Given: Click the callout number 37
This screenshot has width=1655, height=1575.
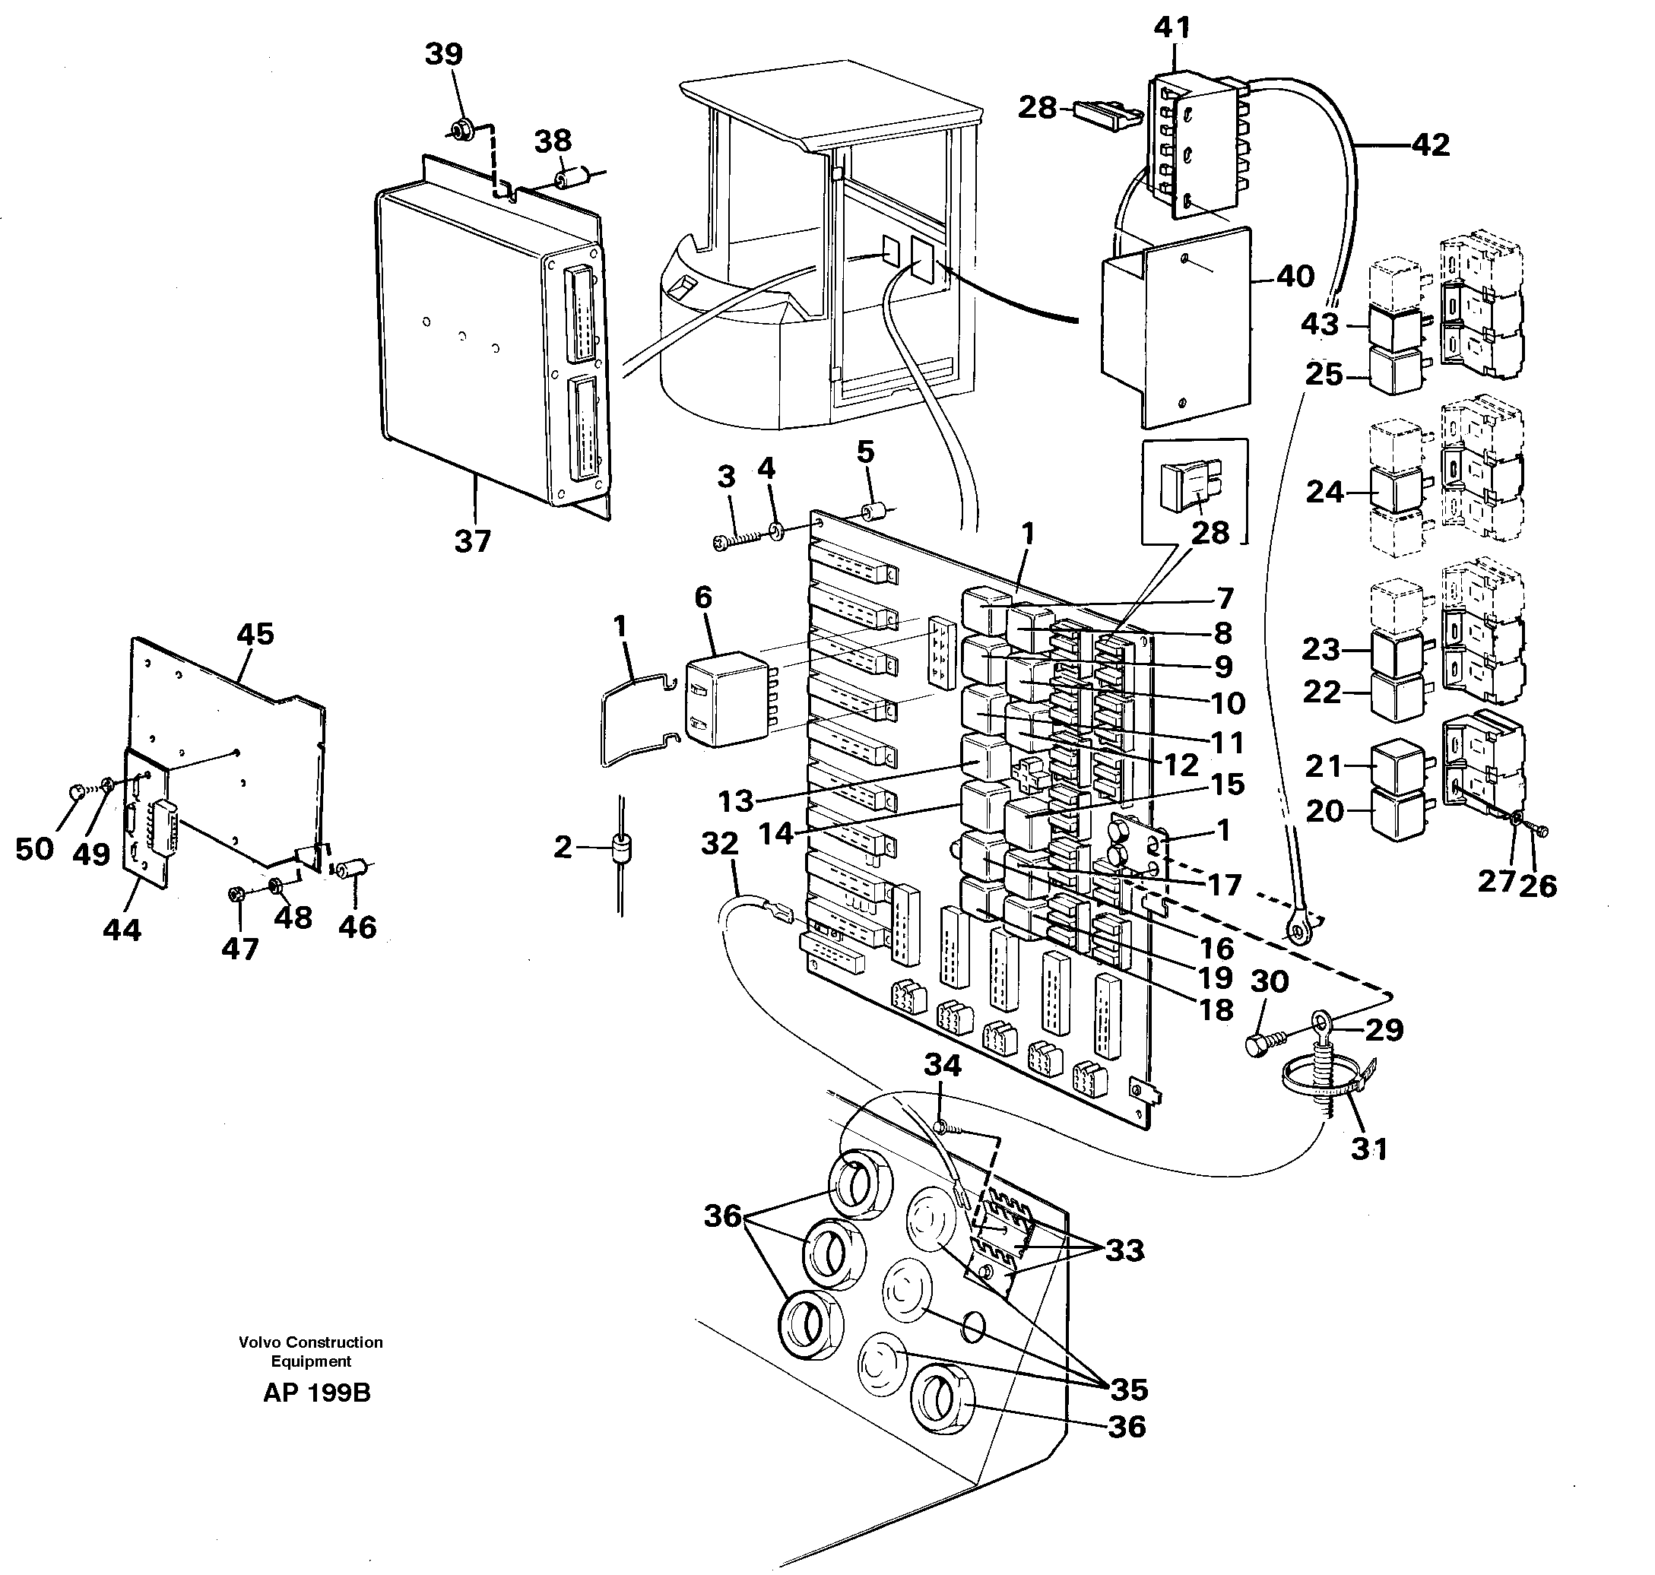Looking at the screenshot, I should pos(472,541).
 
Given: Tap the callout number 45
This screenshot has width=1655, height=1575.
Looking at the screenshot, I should pos(255,634).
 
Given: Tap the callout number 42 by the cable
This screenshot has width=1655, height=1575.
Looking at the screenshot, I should pos(1431,145).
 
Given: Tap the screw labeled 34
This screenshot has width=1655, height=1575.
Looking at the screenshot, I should pos(941,1126).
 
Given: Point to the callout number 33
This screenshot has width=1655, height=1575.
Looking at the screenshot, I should pos(1125,1250).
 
